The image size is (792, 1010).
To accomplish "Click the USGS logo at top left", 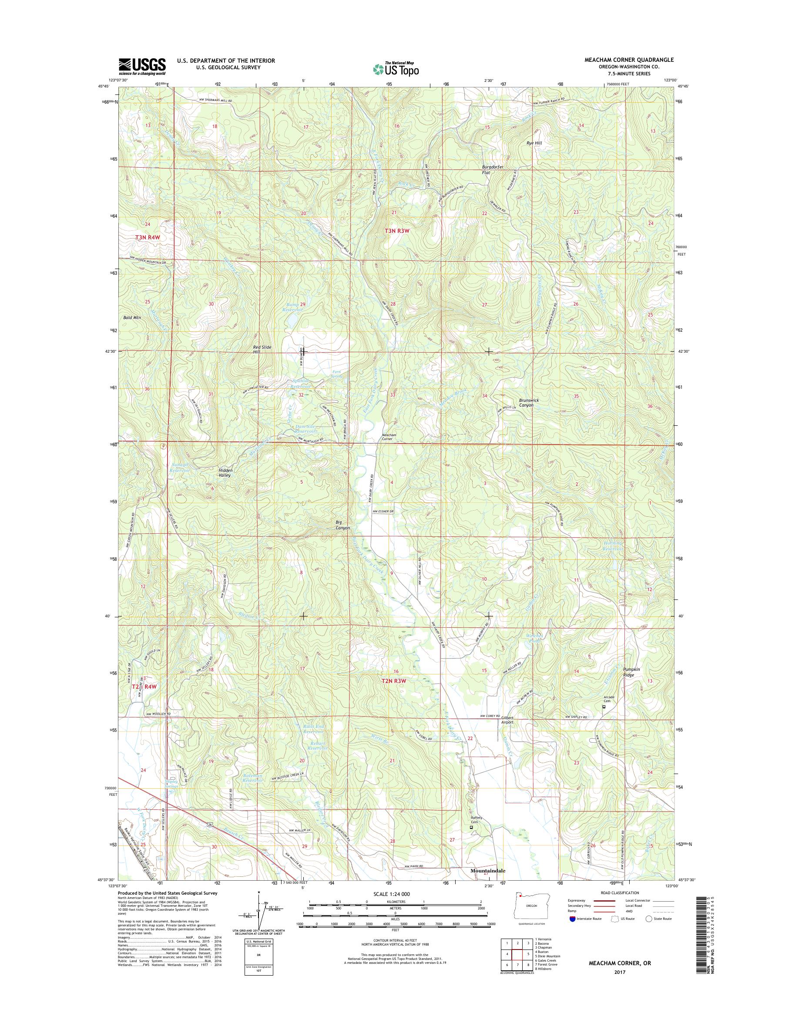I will (142, 66).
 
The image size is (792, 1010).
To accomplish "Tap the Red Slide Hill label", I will (262, 349).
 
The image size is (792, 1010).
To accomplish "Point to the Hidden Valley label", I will (225, 473).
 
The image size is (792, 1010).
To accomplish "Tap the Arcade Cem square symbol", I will (604, 707).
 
